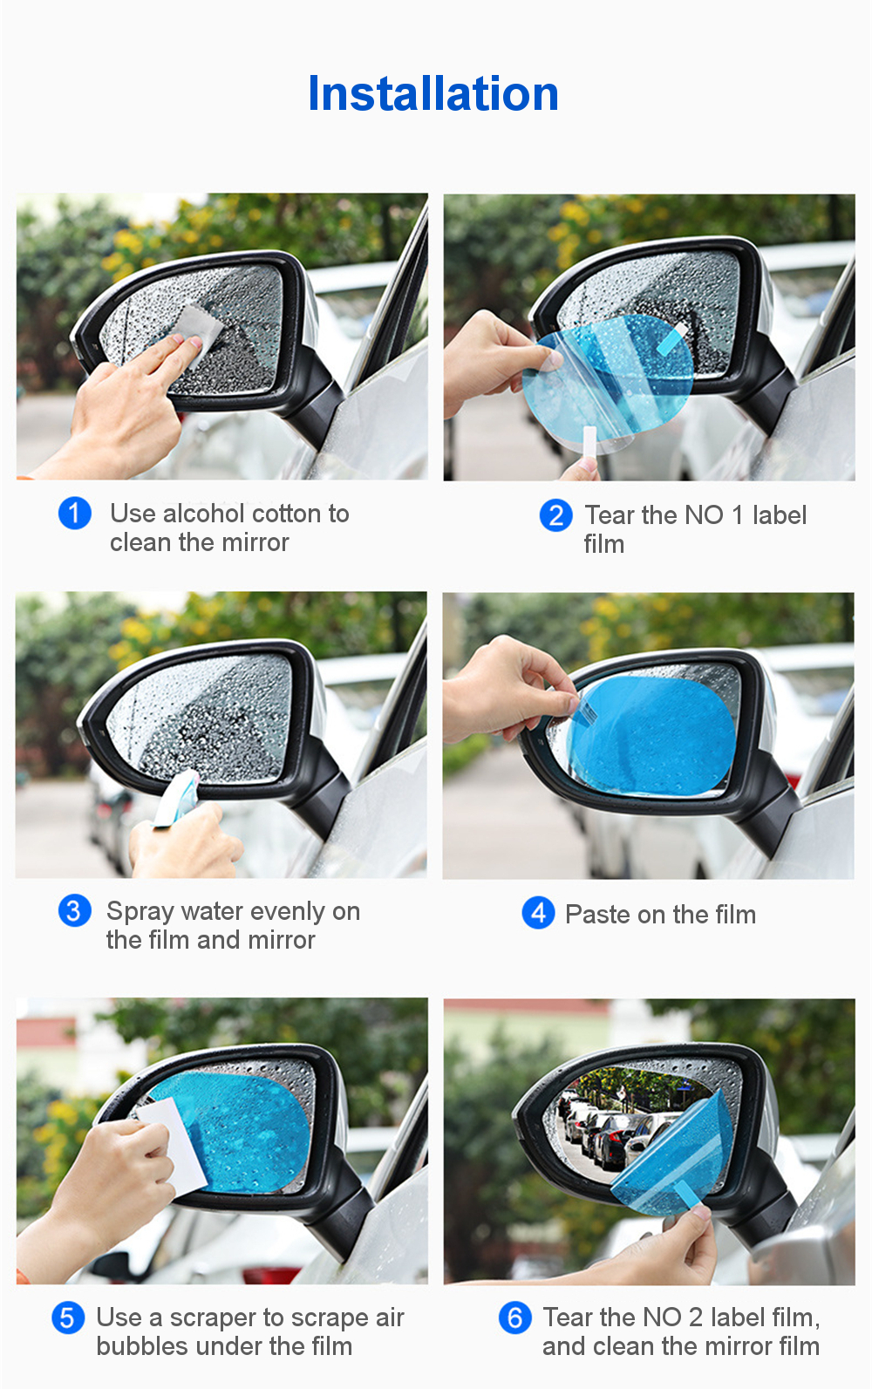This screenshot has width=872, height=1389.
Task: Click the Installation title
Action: [433, 93]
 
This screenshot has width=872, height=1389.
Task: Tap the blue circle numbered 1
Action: [74, 514]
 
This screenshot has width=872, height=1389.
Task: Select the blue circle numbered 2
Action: [555, 515]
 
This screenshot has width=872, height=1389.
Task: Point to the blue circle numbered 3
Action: [74, 911]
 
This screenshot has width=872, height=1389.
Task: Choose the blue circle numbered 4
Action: [538, 913]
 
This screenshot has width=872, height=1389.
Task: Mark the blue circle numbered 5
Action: [68, 1318]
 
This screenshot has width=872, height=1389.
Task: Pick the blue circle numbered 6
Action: [514, 1318]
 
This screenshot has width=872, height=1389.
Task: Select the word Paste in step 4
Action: [597, 915]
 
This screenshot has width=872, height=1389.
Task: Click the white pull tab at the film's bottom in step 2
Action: [589, 441]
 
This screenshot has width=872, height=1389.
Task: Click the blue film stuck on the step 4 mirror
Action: [651, 735]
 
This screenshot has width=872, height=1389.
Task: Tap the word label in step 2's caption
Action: [779, 515]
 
